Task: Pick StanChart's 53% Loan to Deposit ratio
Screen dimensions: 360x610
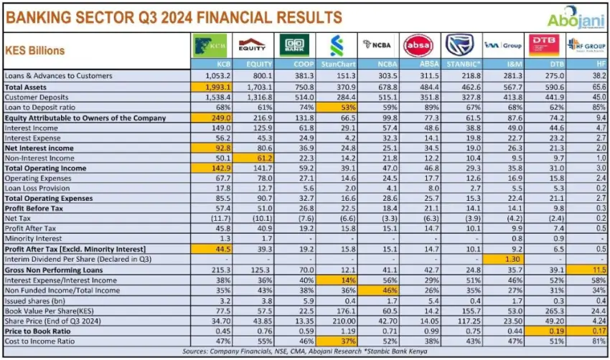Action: point(337,106)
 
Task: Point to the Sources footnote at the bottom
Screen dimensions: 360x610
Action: point(305,351)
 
